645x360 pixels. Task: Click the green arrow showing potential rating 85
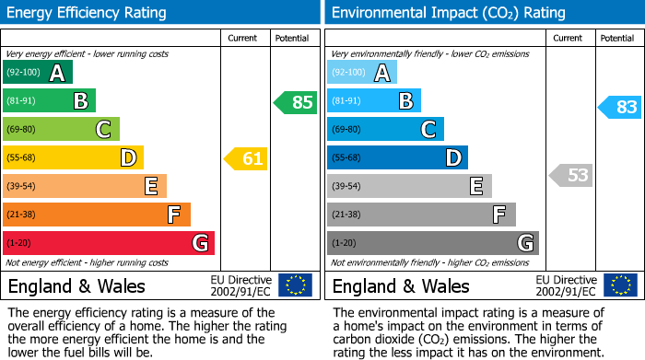[296, 102]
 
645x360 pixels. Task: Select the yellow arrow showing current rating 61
[246, 158]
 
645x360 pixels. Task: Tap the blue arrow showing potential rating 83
[620, 107]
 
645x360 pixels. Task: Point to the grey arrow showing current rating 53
[571, 175]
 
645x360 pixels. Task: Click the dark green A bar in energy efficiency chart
[38, 73]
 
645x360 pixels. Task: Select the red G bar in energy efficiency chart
[109, 243]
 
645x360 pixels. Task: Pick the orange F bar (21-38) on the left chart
[97, 215]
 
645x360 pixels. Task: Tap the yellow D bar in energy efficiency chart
[73, 158]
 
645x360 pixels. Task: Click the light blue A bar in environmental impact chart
[362, 73]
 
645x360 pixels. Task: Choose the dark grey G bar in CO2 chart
[432, 243]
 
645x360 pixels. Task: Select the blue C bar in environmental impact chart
[385, 130]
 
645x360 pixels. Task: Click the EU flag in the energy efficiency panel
[296, 285]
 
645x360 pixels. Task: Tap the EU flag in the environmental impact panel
[620, 285]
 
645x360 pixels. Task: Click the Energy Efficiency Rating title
[88, 13]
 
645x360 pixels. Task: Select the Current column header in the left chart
[244, 38]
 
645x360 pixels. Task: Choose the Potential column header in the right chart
[617, 38]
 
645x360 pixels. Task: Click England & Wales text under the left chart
[76, 286]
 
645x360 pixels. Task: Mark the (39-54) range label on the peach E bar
[21, 187]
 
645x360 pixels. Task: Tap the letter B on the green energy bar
[80, 101]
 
